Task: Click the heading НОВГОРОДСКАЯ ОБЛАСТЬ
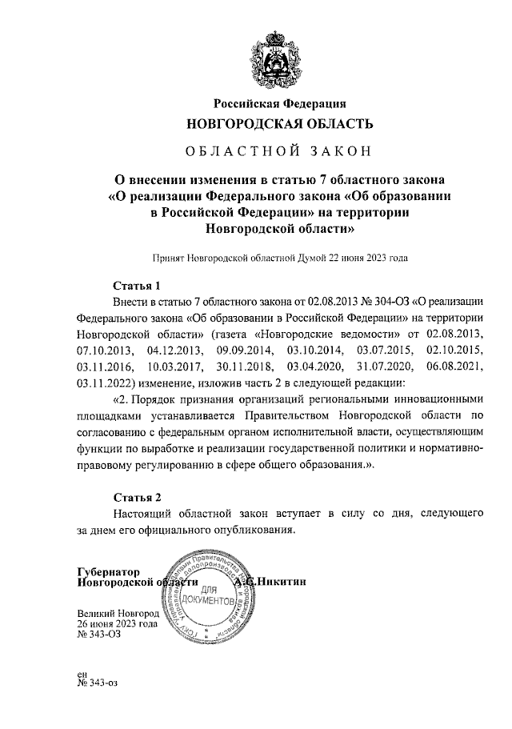click(279, 124)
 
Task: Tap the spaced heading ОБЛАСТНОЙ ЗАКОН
click(279, 152)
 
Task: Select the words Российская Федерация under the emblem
click(279, 102)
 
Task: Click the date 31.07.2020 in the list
click(382, 367)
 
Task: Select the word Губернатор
click(108, 572)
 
